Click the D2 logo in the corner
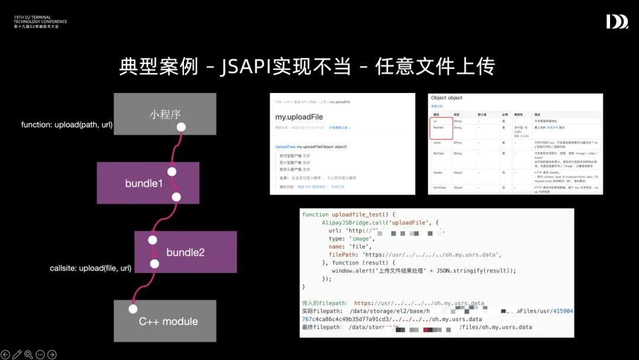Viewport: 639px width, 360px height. pos(617,22)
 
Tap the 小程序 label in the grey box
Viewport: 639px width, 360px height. pos(164,114)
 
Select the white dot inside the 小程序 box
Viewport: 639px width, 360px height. pos(182,127)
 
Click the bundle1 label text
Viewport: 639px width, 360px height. pos(144,184)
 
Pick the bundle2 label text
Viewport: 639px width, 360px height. pos(185,252)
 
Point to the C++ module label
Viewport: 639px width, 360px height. pos(168,322)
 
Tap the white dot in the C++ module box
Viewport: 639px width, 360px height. pos(133,308)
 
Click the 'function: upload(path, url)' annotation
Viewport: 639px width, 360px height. pos(67,124)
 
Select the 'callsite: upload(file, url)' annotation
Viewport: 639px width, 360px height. pos(91,268)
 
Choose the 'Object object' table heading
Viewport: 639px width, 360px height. pos(447,98)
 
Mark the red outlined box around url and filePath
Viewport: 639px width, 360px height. pos(441,127)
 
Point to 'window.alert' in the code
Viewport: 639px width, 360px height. pos(356,271)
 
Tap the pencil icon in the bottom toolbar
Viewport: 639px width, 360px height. pos(17,355)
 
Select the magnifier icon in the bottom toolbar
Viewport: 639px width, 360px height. pos(28,355)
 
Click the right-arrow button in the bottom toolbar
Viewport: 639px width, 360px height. pos(52,355)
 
